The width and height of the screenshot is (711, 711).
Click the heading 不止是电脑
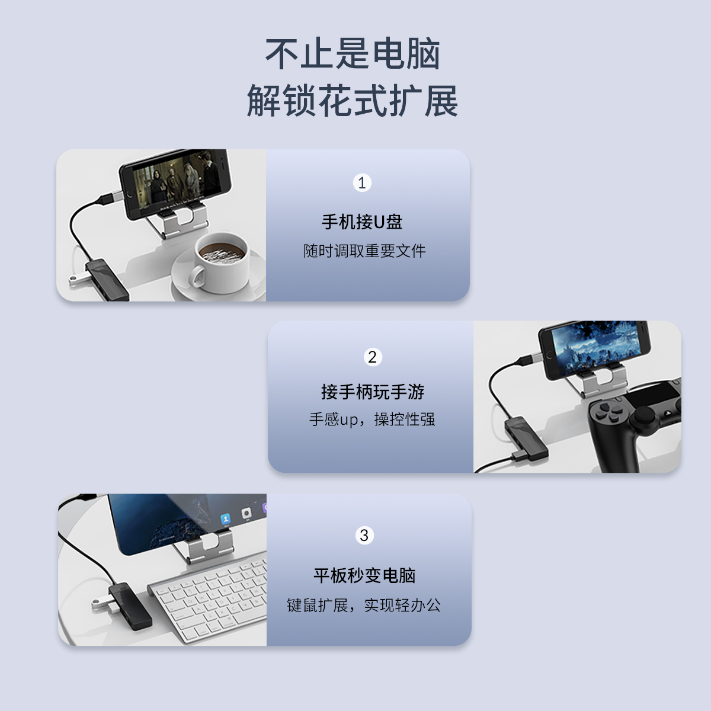tap(353, 55)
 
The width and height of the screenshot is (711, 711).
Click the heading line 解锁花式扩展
tap(353, 100)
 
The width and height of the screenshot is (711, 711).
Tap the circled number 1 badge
tap(362, 182)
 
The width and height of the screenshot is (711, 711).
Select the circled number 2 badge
tap(372, 357)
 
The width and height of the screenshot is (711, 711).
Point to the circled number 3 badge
tap(364, 536)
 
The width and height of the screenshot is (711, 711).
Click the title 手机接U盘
tap(362, 222)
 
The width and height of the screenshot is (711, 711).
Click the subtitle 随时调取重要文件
tap(364, 251)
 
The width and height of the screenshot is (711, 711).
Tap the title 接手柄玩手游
tap(373, 392)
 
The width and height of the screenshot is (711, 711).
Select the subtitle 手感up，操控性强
tap(372, 419)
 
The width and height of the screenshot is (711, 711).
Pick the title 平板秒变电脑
tap(364, 575)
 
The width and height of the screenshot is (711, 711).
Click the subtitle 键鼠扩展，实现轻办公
tap(364, 606)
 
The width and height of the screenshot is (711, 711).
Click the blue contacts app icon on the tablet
tap(225, 519)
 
